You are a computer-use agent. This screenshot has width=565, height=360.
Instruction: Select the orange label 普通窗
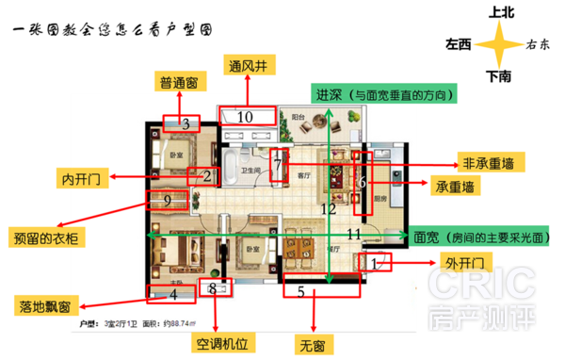click(x=177, y=83)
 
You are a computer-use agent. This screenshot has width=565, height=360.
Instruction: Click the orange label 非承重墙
click(x=487, y=161)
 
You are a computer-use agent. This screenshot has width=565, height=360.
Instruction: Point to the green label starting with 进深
click(x=385, y=94)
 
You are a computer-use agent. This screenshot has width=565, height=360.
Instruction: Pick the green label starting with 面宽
click(x=481, y=237)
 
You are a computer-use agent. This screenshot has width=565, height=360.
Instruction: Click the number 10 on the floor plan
click(x=245, y=117)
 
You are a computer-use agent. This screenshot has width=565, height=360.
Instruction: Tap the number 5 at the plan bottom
click(x=301, y=292)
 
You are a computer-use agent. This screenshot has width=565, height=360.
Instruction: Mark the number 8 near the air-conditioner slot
click(x=213, y=288)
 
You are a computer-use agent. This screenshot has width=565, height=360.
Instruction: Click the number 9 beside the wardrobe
click(x=167, y=200)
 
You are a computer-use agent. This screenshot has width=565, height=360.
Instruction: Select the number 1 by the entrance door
click(x=374, y=263)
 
